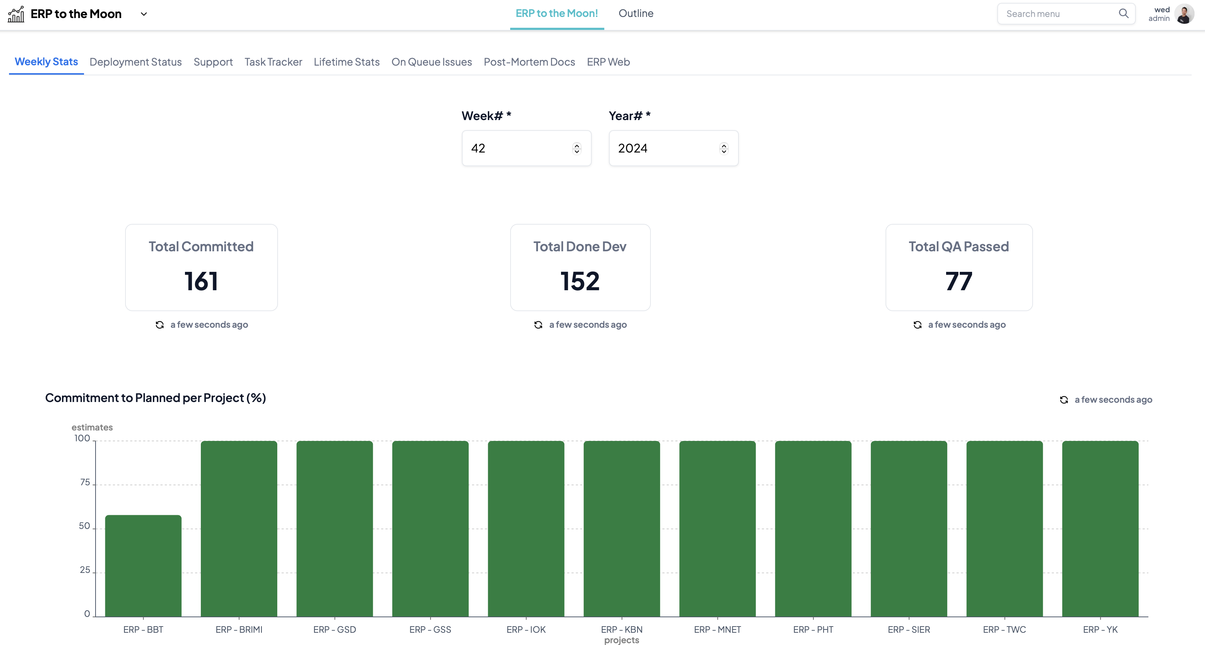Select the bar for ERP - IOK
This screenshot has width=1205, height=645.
coord(526,529)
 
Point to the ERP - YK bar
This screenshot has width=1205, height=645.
coord(1100,529)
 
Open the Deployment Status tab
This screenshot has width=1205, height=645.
coord(136,62)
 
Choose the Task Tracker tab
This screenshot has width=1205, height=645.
coord(273,62)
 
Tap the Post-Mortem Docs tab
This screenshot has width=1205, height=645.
coord(529,62)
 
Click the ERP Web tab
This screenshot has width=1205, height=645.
coord(608,62)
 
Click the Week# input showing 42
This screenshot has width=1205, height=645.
coord(519,148)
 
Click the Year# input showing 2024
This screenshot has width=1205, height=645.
coord(667,148)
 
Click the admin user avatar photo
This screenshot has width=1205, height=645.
coord(1184,14)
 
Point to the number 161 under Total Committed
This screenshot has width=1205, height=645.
coord(201,281)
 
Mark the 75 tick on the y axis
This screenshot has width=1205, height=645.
coord(85,482)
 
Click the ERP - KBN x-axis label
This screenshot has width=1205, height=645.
coord(621,629)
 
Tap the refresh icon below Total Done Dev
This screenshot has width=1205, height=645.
coord(538,324)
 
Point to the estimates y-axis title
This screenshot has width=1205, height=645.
coord(92,427)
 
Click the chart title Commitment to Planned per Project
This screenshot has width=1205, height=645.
coord(155,398)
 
